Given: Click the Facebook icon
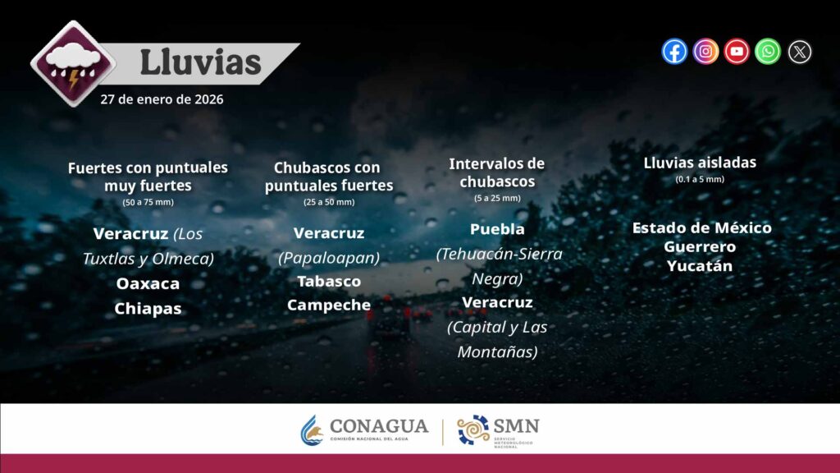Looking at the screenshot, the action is coord(674,52).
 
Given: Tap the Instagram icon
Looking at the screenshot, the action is coord(705,52).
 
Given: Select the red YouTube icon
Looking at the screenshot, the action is coord(737,52).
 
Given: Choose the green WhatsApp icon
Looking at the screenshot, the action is coord(768,52).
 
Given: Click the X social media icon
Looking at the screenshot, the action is coord(799,52).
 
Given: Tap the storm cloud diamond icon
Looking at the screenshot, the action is coord(73,64).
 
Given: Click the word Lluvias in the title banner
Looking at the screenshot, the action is coord(200,62).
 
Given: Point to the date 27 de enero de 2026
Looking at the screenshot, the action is coord(162,99).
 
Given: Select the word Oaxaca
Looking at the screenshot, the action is coord(148,283).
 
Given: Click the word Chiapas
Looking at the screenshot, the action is coord(148,309).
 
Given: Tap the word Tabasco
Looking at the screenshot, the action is coord(329,282).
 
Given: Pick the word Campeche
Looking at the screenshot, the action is coord(329,305).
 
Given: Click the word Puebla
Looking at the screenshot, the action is coord(497,230).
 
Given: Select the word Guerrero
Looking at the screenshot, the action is coord(700,246).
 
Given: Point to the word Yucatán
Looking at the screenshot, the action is coord(700,266).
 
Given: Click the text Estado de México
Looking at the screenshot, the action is coord(702,228).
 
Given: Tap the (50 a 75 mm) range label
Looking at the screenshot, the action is coord(148,203).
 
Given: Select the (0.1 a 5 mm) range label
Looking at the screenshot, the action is coord(700,180).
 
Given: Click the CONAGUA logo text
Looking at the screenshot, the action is coord(379,426).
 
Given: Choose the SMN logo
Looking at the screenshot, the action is coord(498,430).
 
